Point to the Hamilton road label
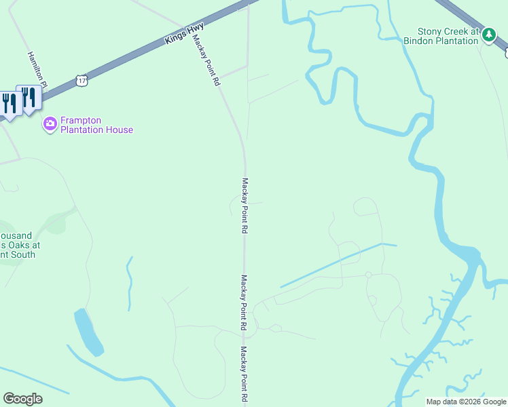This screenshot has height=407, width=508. click(x=36, y=66)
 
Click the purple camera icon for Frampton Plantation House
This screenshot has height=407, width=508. click(x=50, y=124)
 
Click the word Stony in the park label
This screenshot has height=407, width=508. click(x=430, y=31)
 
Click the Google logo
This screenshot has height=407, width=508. click(x=22, y=399)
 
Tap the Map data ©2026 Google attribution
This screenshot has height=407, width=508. click(x=465, y=402)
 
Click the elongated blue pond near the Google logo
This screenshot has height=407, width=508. click(x=89, y=332)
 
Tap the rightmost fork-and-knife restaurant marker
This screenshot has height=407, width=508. click(x=28, y=98)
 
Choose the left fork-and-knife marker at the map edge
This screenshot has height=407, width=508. click(x=9, y=104)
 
